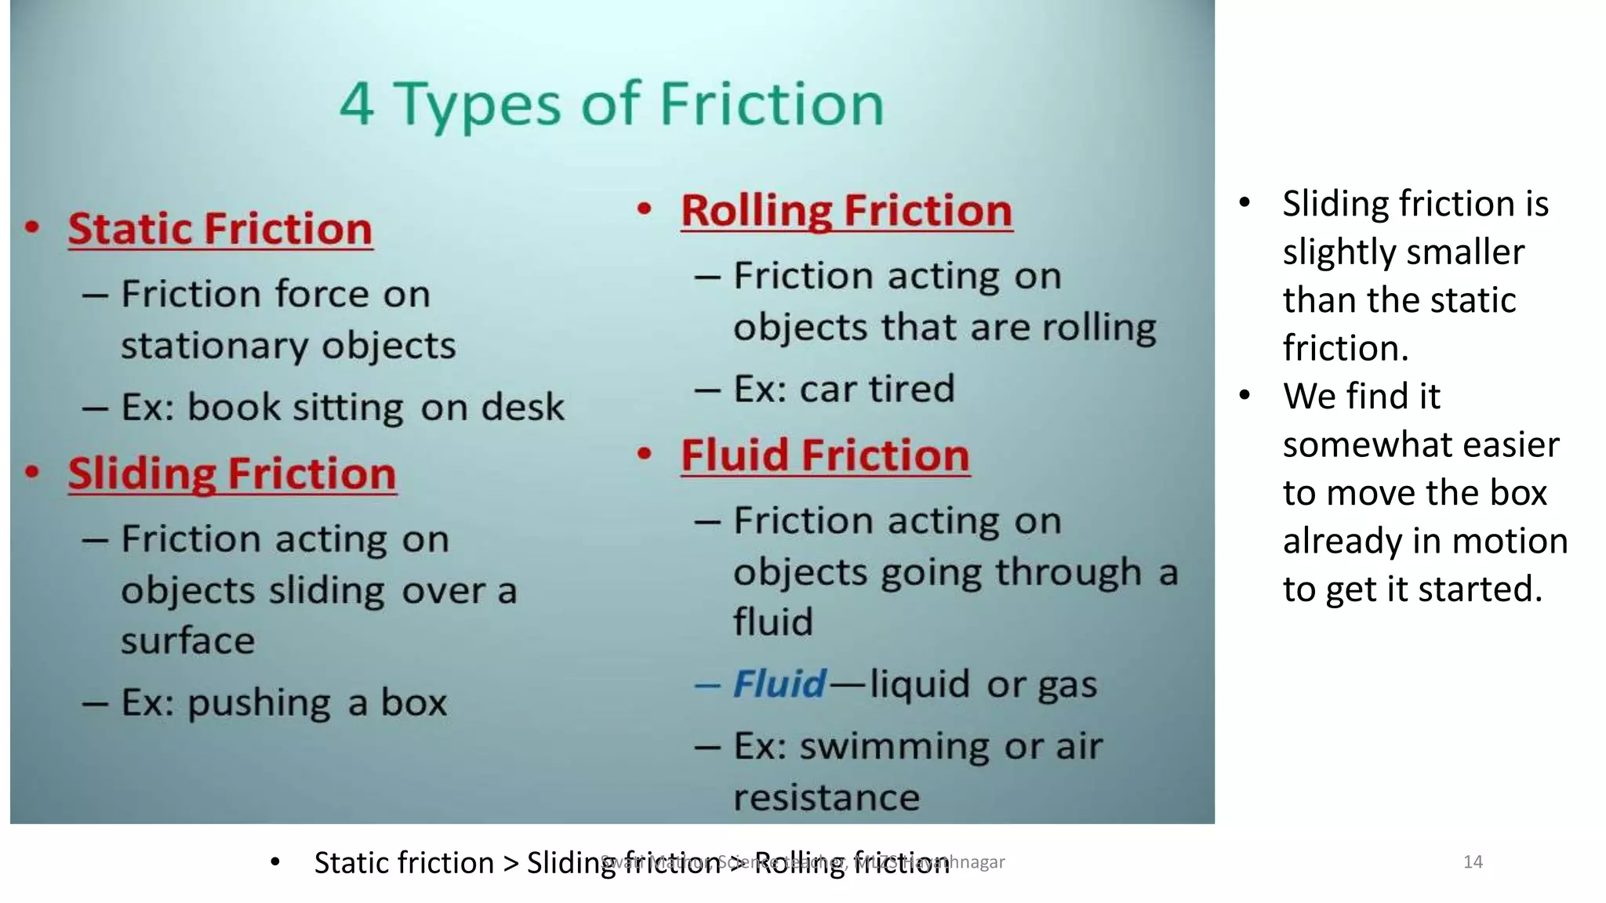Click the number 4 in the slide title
pyautogui.click(x=357, y=104)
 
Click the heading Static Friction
pyautogui.click(x=220, y=229)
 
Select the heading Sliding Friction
pyautogui.click(x=232, y=474)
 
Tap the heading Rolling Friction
pyautogui.click(x=847, y=211)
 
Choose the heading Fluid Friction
pyautogui.click(x=825, y=455)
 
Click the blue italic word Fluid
pyautogui.click(x=779, y=684)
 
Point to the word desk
pyautogui.click(x=522, y=407)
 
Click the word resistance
pyautogui.click(x=827, y=798)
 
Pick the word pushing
pyautogui.click(x=259, y=702)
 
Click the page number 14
pyautogui.click(x=1473, y=862)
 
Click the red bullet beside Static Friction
pyautogui.click(x=32, y=228)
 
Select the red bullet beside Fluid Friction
pyautogui.click(x=645, y=455)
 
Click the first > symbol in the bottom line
pyautogui.click(x=511, y=863)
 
